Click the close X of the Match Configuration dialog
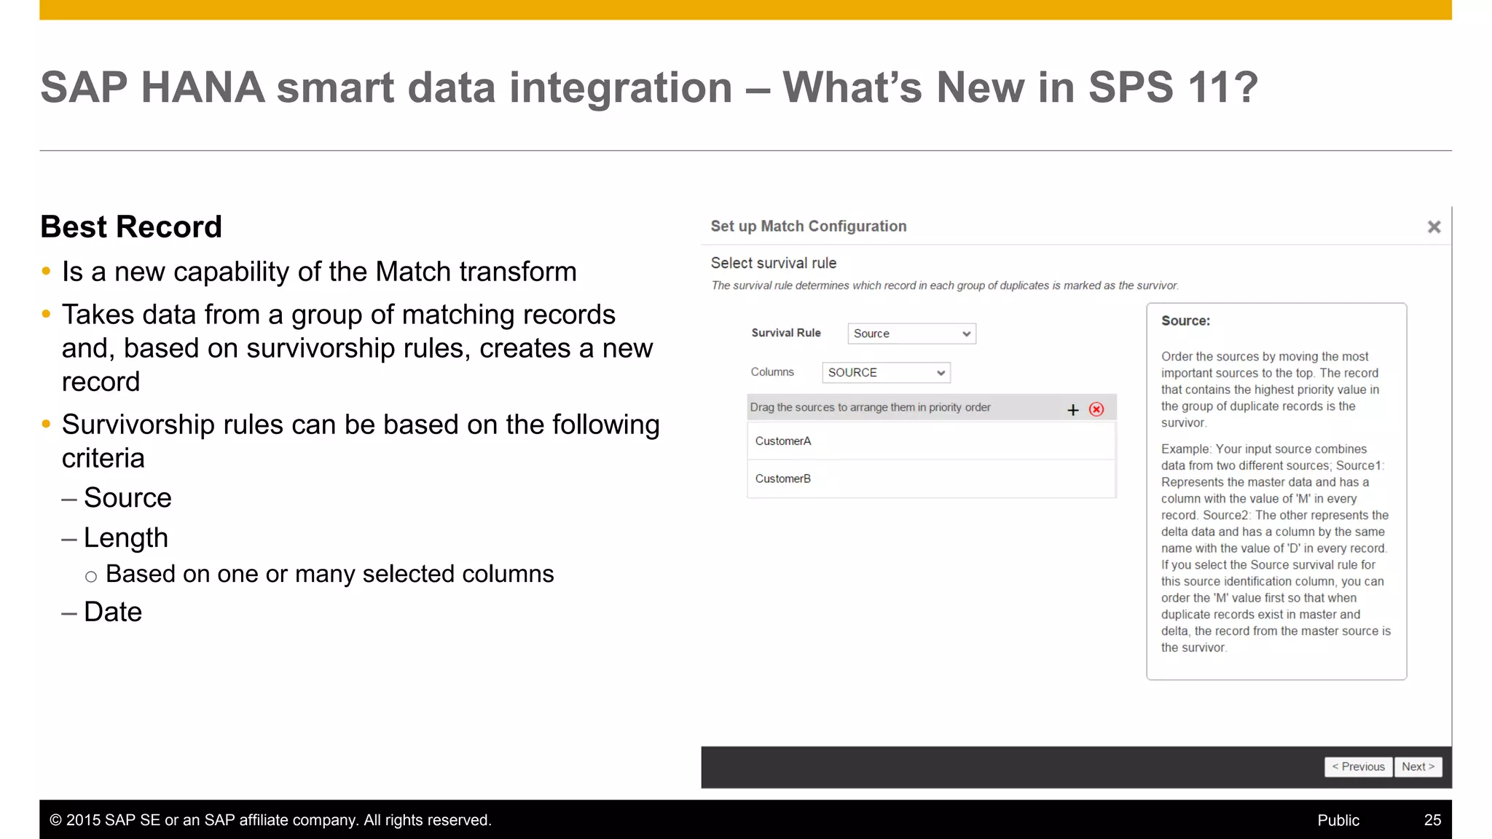(x=1434, y=227)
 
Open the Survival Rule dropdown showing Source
(x=911, y=334)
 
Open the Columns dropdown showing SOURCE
(x=886, y=373)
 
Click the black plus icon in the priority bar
(x=1072, y=410)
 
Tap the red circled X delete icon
(x=1096, y=409)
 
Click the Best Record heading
(x=131, y=227)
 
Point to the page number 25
(x=1432, y=820)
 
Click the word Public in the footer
(x=1338, y=820)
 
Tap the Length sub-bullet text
(x=126, y=538)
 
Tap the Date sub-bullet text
(x=113, y=612)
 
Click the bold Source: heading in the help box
(x=1185, y=321)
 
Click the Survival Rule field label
(x=786, y=333)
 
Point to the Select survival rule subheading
(x=774, y=263)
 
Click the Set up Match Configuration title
(x=809, y=227)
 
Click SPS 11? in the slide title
(x=1173, y=88)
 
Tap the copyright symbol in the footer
(x=55, y=821)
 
